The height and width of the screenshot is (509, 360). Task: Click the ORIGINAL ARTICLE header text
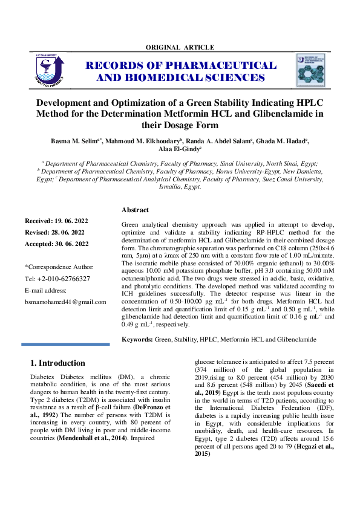click(x=180, y=47)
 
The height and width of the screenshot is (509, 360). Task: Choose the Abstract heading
click(x=135, y=210)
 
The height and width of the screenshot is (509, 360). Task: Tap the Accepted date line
click(x=56, y=244)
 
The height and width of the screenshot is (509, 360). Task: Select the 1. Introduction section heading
click(x=57, y=363)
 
